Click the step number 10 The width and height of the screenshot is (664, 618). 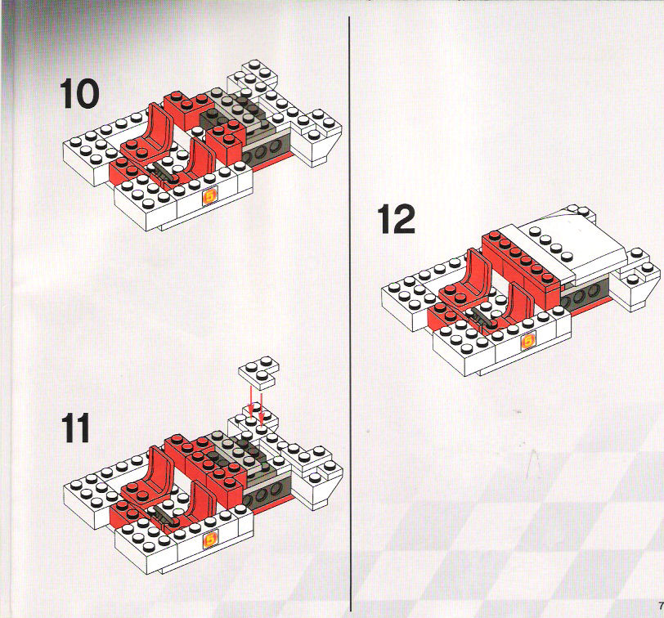coord(79,94)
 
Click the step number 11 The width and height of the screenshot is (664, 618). coord(76,428)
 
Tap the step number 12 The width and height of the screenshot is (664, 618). coord(397,219)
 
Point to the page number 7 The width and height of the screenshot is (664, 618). coord(660,603)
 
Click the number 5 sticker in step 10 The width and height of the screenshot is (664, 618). coord(210,196)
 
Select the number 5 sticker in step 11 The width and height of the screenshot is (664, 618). coord(210,540)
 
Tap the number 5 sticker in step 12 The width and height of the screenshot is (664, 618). coord(528,341)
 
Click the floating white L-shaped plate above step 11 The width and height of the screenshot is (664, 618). coord(258,371)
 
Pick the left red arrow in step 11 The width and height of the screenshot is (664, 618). coord(251,401)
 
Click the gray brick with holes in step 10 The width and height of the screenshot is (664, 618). coord(267,147)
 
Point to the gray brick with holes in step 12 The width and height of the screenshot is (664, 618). coord(585,292)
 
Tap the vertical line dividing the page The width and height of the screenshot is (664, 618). coord(350,314)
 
